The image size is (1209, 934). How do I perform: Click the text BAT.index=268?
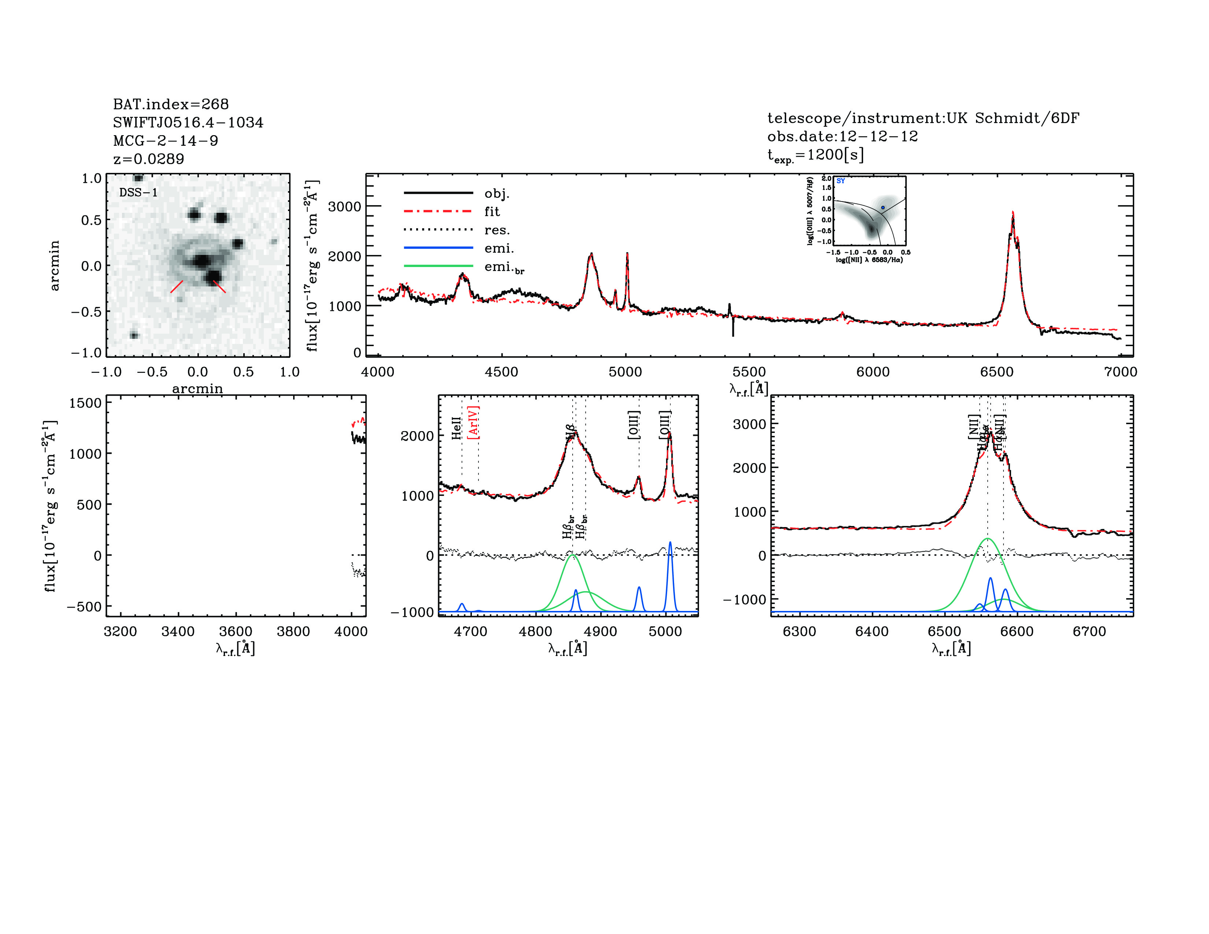click(x=170, y=104)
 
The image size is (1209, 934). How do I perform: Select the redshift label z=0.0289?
click(x=148, y=159)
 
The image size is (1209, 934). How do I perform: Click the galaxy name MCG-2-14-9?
click(x=166, y=141)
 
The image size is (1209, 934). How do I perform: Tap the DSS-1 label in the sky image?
click(x=138, y=193)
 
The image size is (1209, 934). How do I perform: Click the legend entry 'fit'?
click(x=492, y=211)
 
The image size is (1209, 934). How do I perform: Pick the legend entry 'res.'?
click(x=496, y=230)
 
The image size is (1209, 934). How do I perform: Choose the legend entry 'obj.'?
click(x=496, y=193)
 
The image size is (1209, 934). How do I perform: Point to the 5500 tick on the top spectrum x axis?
click(x=749, y=372)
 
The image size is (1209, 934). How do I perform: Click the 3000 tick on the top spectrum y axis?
click(x=344, y=206)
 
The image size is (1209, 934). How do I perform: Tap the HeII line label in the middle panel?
click(x=456, y=428)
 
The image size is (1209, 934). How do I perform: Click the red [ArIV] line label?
click(x=473, y=423)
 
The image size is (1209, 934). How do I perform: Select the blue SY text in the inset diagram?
click(x=840, y=181)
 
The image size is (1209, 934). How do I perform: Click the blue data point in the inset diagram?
click(x=883, y=207)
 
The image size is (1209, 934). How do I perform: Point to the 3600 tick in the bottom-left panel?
click(x=236, y=631)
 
